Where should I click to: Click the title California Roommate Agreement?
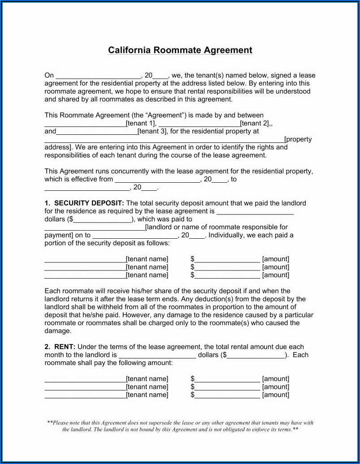coord(180,50)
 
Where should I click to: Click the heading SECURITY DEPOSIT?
coord(89,203)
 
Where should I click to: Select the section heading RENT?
coord(65,347)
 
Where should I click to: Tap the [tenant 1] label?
coord(141,124)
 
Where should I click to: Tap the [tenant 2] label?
coord(255,124)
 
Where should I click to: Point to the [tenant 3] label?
coord(152,132)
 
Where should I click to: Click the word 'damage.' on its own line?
coord(58,331)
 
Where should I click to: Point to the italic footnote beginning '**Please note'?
coord(180,426)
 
